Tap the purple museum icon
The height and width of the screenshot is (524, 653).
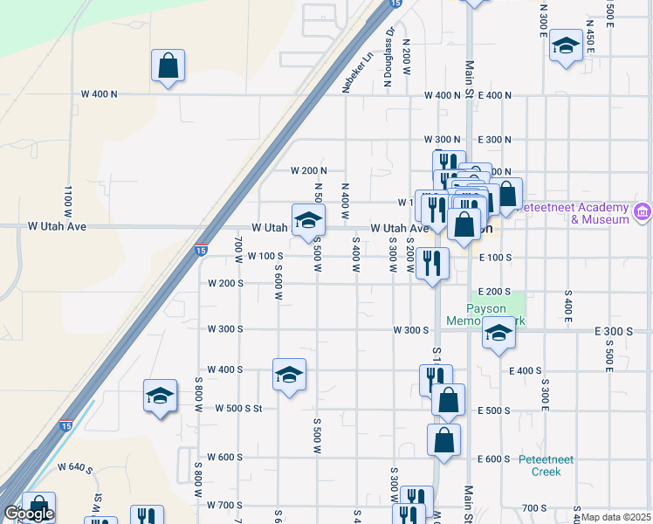point(643,212)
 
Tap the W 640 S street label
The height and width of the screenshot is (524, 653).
point(75,468)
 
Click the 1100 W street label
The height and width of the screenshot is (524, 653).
point(67,201)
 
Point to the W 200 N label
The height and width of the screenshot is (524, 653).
point(309,170)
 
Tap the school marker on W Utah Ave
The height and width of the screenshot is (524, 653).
point(308,221)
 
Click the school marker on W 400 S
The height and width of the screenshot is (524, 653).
point(289,375)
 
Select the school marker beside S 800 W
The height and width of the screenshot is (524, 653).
point(161,396)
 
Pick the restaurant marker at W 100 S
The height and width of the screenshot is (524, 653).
point(433,262)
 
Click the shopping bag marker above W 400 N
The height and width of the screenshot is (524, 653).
point(168,65)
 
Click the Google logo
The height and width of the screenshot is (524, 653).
point(29,514)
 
